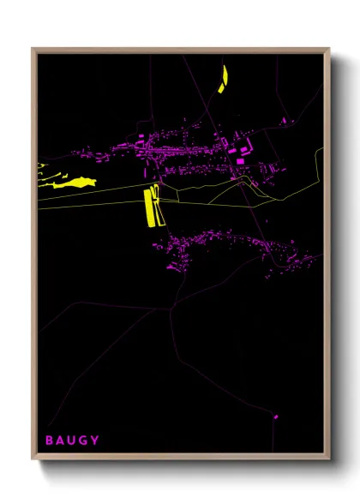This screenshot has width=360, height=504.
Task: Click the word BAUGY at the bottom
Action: point(73,441)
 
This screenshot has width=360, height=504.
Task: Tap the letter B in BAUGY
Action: point(50,441)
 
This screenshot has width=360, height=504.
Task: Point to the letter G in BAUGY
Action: point(84,441)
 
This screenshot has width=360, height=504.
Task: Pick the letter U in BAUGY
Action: point(72,441)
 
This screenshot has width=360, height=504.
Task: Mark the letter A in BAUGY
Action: point(61,441)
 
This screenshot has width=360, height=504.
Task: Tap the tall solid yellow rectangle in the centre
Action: point(147,208)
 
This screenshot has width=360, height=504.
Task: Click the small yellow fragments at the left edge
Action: point(41,166)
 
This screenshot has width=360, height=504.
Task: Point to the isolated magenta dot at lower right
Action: point(276,417)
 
